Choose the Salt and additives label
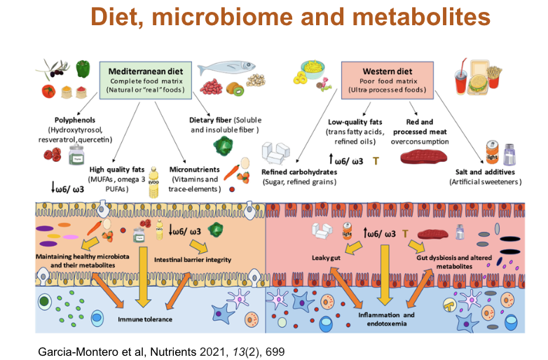coord(484,172)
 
